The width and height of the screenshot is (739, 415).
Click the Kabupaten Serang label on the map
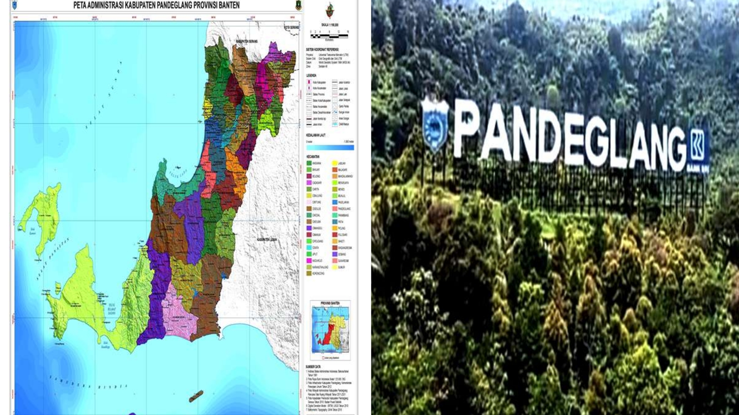[x=247, y=41]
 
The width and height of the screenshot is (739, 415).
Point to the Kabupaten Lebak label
[x=267, y=239]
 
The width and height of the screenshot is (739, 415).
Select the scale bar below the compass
[x=329, y=36]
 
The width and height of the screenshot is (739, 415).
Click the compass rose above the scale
[x=329, y=10]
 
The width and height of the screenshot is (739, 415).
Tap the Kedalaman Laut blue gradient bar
[x=330, y=148]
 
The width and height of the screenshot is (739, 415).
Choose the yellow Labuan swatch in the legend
[x=334, y=163]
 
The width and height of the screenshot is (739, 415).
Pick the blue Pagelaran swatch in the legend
[x=334, y=202]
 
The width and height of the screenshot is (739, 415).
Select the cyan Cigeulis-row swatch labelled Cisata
[x=309, y=248]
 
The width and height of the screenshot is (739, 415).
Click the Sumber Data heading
[x=313, y=367]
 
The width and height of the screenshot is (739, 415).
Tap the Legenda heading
[x=311, y=75]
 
